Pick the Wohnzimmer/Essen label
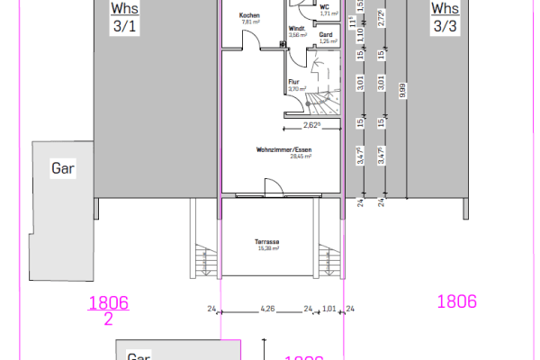click(283, 152)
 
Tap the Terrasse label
click(267, 244)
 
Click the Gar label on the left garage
click(62, 169)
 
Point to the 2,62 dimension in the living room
click(312, 125)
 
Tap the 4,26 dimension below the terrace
click(267, 310)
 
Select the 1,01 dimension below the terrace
click(329, 310)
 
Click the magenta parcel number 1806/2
click(108, 310)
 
